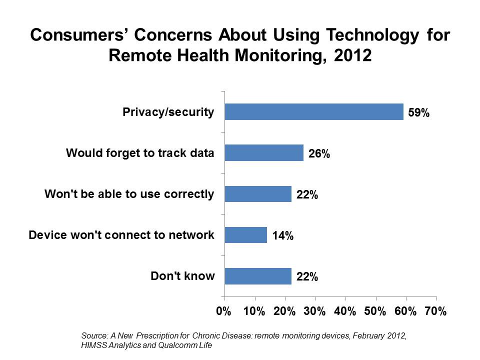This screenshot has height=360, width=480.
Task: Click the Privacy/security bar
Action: pos(313,112)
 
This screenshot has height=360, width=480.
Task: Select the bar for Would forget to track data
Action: pos(263,153)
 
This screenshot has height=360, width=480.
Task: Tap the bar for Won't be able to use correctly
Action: pos(257,194)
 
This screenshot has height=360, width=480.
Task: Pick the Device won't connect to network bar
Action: pos(245,235)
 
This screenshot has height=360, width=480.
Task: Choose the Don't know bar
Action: pos(257,276)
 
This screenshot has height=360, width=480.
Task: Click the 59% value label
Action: pos(418,113)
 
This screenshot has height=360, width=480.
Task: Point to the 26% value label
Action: pos(318,154)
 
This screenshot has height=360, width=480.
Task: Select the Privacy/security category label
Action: pos(168,112)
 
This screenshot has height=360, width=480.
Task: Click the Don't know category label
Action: pos(182,275)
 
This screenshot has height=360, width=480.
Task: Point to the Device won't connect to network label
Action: pos(122,234)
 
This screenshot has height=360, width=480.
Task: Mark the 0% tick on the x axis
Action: pos(223,311)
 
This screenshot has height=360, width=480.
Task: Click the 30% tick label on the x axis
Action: pos(314,311)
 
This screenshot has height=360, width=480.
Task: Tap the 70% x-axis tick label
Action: pos(435,311)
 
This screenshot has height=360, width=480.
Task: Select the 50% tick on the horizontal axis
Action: pos(375,311)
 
